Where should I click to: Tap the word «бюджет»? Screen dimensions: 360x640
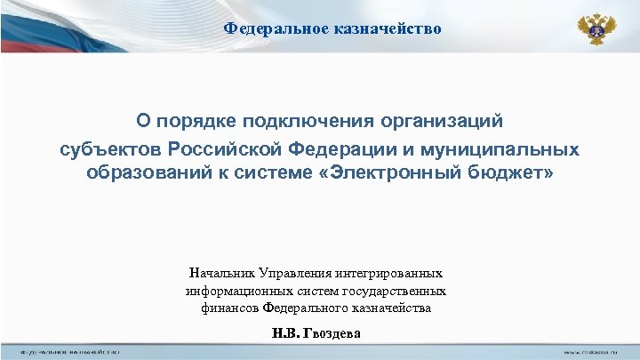(x=511, y=172)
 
